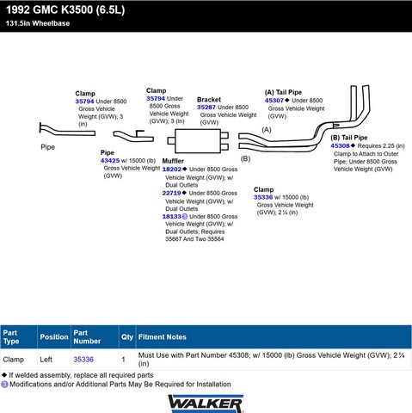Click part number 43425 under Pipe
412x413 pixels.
110,161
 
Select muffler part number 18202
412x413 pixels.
172,170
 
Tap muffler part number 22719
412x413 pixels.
171,193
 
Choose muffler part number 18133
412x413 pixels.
172,217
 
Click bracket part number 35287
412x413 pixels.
206,108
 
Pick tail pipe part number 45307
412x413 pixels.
274,101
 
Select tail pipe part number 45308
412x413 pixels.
340,145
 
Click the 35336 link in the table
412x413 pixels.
83,360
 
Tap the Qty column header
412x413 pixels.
127,337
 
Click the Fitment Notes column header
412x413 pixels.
163,337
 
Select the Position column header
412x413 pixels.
54,337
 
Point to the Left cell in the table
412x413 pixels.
46,360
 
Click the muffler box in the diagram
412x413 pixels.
198,141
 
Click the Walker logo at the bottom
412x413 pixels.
206,404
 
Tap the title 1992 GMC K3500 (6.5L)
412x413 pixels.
65,9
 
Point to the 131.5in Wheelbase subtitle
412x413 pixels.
38,23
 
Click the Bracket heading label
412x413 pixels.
209,100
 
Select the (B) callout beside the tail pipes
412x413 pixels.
245,158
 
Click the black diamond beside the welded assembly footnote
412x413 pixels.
4,375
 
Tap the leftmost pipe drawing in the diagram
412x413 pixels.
66,132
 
